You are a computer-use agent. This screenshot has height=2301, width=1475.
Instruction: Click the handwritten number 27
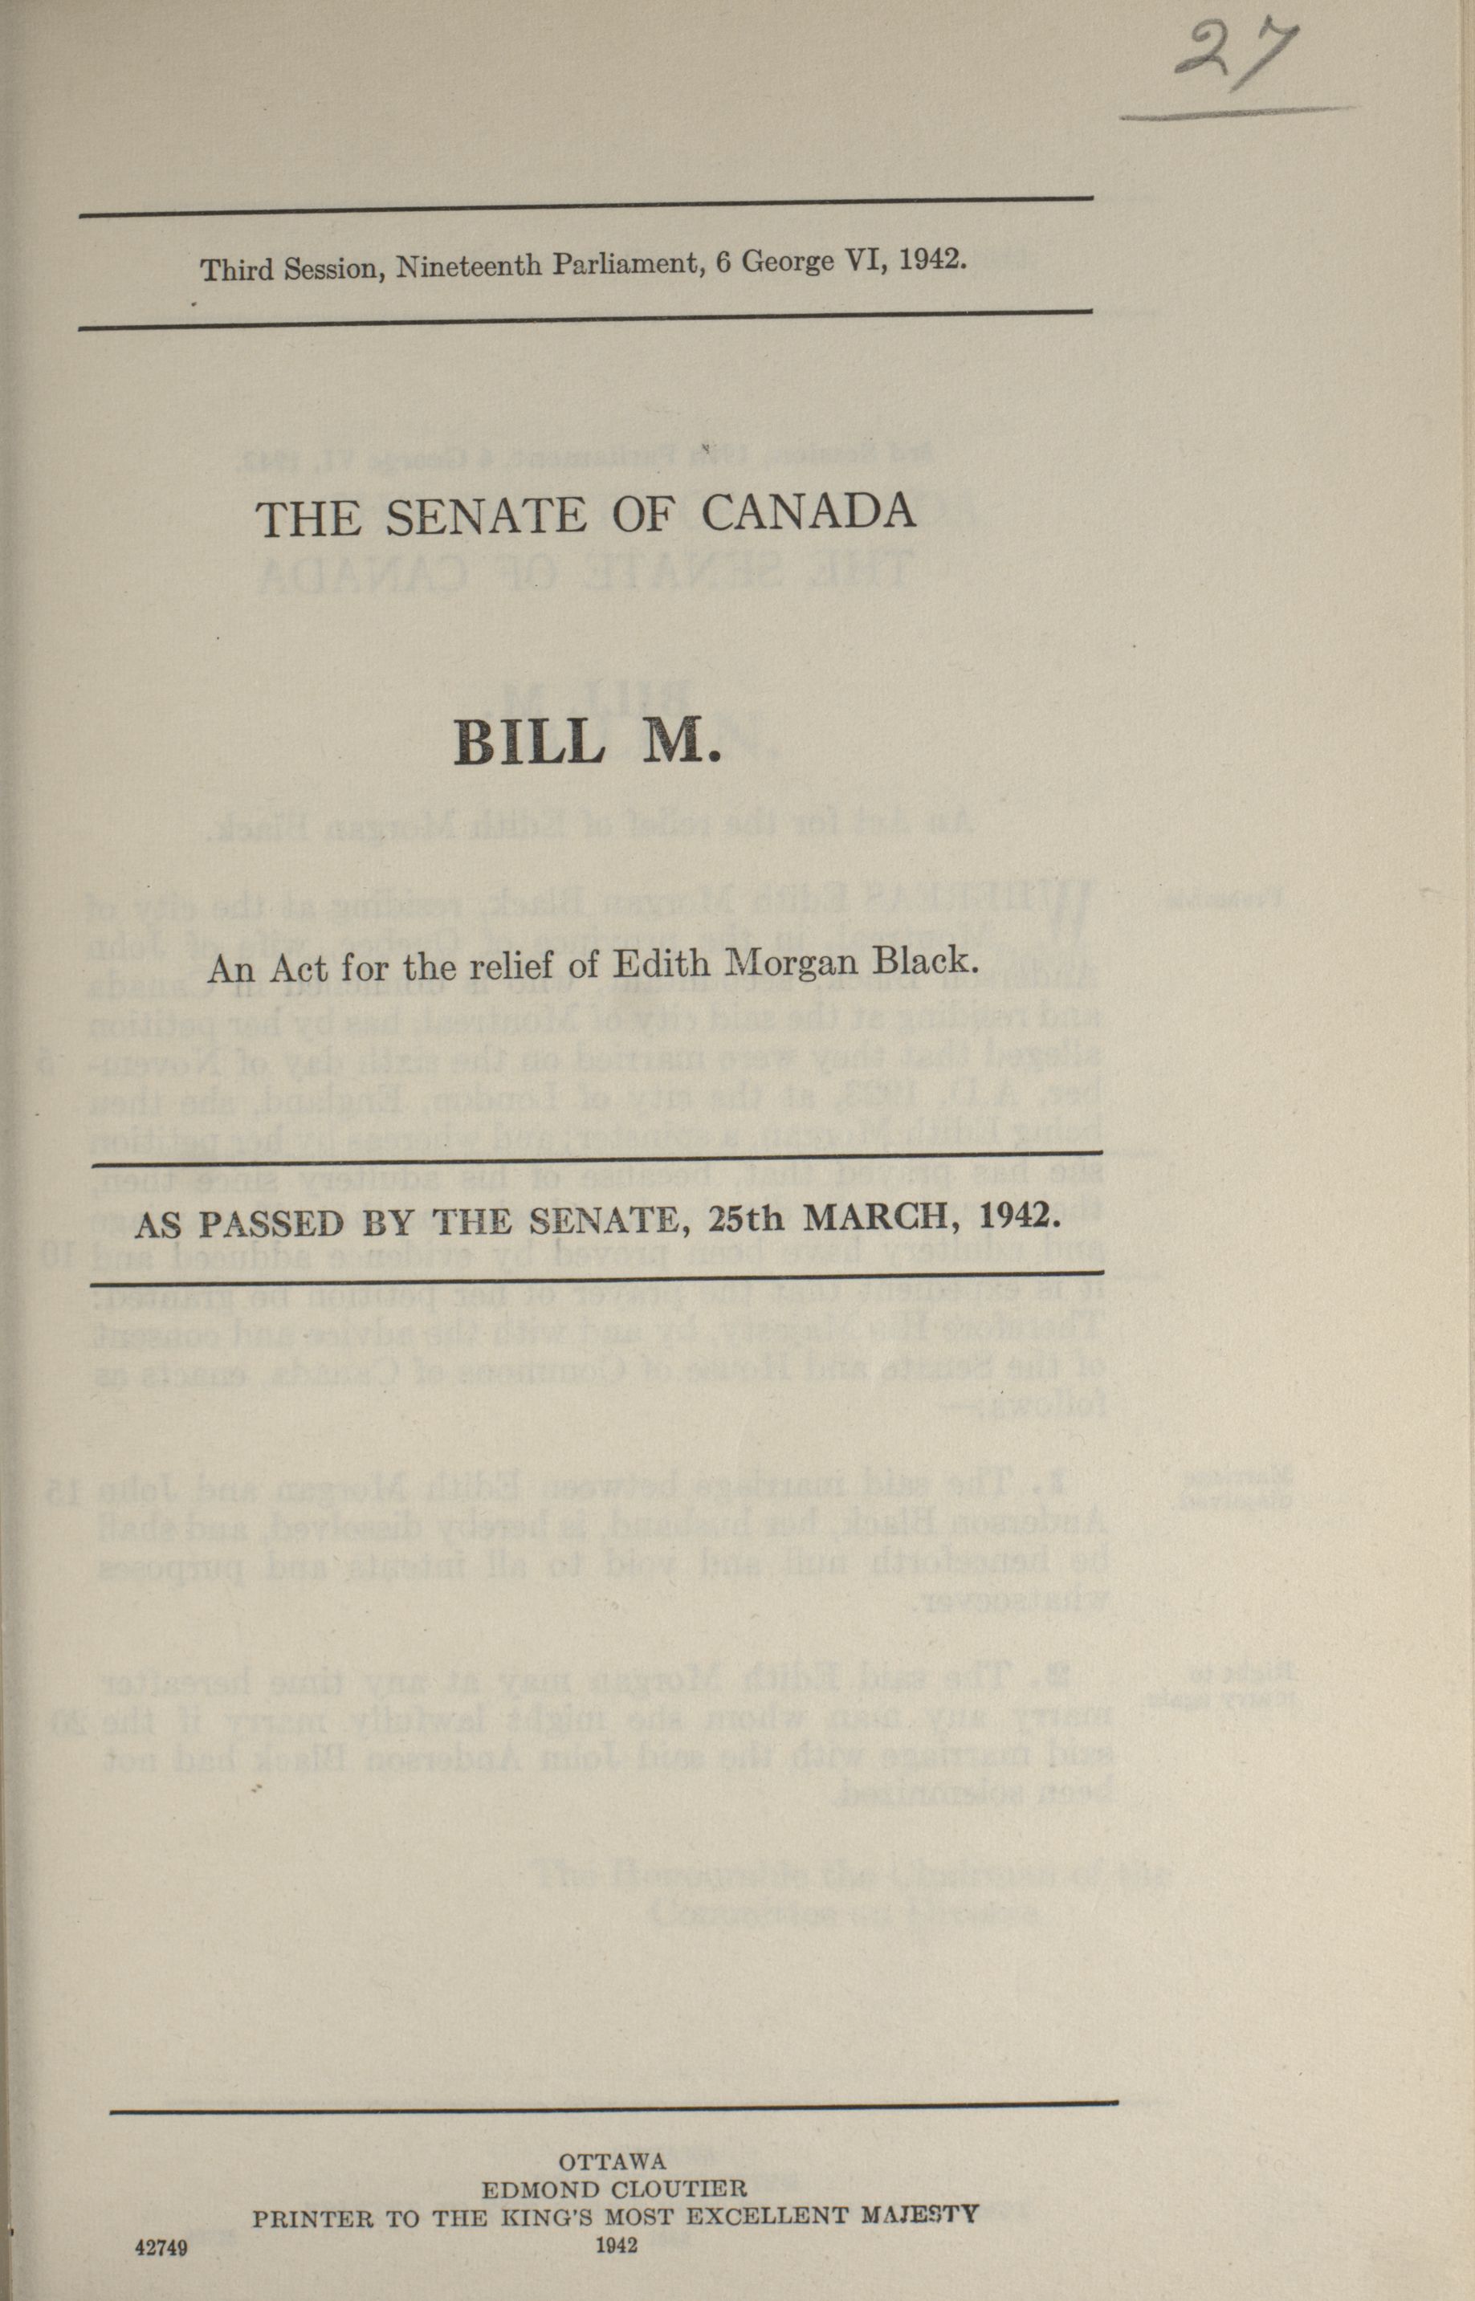1235,58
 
